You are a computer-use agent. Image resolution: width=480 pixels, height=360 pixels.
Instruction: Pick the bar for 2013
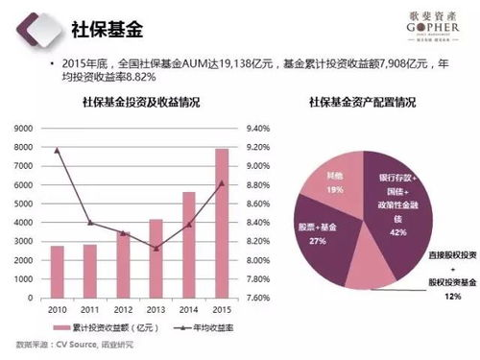pos(156,258)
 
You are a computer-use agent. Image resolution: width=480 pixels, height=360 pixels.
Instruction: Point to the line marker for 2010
pos(58,150)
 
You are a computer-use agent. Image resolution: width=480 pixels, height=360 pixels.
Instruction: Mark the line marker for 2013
pos(156,249)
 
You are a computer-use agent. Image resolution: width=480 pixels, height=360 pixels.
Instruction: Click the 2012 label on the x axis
pos(123,310)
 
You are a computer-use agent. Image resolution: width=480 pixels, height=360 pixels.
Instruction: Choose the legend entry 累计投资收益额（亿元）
pos(101,329)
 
